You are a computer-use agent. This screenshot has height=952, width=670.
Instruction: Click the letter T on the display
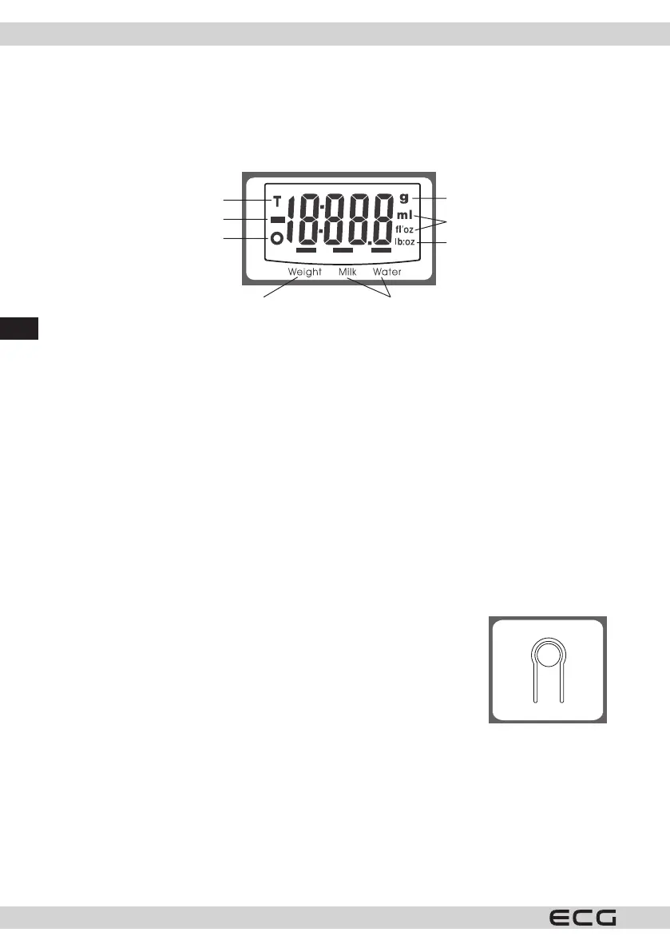[x=277, y=201]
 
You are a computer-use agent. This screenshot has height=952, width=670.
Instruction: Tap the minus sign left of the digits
[x=277, y=219]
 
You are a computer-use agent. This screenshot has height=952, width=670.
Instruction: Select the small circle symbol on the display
[x=277, y=238]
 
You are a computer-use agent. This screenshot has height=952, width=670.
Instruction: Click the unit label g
[x=403, y=198]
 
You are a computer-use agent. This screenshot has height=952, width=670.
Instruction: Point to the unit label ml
[x=404, y=215]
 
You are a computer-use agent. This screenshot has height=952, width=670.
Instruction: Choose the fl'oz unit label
[x=404, y=229]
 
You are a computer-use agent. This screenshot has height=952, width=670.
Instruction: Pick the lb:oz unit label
[x=405, y=242]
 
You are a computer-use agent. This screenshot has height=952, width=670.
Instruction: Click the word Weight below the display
[x=304, y=272]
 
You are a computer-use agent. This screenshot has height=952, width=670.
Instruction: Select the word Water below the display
[x=387, y=272]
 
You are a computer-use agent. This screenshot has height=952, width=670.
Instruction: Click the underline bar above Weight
[x=306, y=250]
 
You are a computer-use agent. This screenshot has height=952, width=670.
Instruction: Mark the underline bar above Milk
[x=343, y=250]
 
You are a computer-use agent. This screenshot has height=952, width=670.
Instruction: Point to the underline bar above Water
[x=381, y=250]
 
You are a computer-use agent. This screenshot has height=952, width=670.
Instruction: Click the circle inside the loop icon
[x=547, y=656]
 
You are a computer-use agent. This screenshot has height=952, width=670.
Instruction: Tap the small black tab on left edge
[x=19, y=328]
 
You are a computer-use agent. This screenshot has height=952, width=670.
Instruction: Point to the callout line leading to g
[x=432, y=198]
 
